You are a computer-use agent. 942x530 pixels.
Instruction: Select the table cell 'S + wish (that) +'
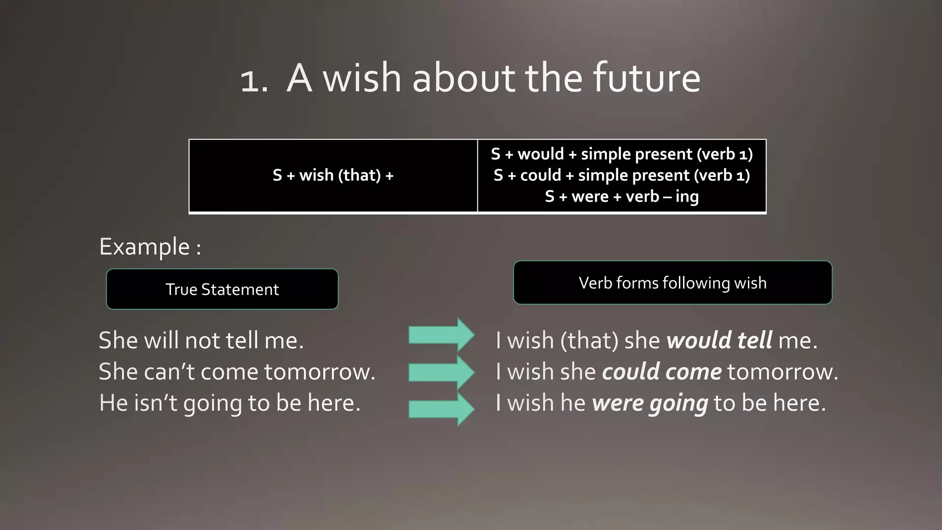click(x=333, y=175)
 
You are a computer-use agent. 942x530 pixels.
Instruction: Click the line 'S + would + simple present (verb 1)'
click(x=621, y=154)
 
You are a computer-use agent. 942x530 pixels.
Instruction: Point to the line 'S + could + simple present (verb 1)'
click(x=621, y=175)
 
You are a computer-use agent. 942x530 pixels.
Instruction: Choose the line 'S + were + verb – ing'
click(x=621, y=196)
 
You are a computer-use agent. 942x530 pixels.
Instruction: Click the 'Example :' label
click(x=150, y=247)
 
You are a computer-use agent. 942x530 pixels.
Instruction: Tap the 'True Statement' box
click(x=222, y=289)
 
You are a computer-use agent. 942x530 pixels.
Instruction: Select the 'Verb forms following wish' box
click(x=672, y=282)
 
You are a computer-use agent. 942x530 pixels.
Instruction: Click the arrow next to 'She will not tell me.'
click(x=441, y=335)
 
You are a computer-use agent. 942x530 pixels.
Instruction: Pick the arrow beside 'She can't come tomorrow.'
click(x=441, y=372)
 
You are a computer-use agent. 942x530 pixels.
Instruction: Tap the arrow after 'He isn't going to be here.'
click(x=441, y=408)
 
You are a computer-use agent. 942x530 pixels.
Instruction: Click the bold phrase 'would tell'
click(x=719, y=340)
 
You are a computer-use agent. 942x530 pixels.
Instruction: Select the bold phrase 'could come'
click(x=662, y=372)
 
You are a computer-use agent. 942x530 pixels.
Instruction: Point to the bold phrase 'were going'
click(x=650, y=403)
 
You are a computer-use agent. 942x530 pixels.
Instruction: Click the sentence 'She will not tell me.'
click(x=201, y=340)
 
